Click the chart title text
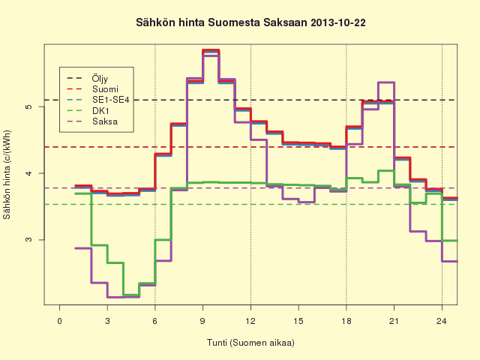click(x=250, y=22)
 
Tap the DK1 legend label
click(x=100, y=110)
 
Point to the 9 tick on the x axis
click(x=202, y=321)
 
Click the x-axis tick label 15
click(x=298, y=321)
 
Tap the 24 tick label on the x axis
click(x=442, y=321)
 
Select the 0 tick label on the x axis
click(x=59, y=321)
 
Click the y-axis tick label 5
click(x=28, y=106)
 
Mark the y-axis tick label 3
click(x=28, y=240)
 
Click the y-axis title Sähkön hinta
click(x=7, y=175)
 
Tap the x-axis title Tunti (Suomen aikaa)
click(x=250, y=342)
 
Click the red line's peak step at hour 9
click(x=211, y=50)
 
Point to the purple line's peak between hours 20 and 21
click(x=386, y=82)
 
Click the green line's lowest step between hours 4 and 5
click(x=131, y=295)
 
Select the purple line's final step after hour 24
click(x=450, y=261)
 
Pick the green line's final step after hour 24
click(x=450, y=241)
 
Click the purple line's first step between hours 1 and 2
click(x=83, y=248)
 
